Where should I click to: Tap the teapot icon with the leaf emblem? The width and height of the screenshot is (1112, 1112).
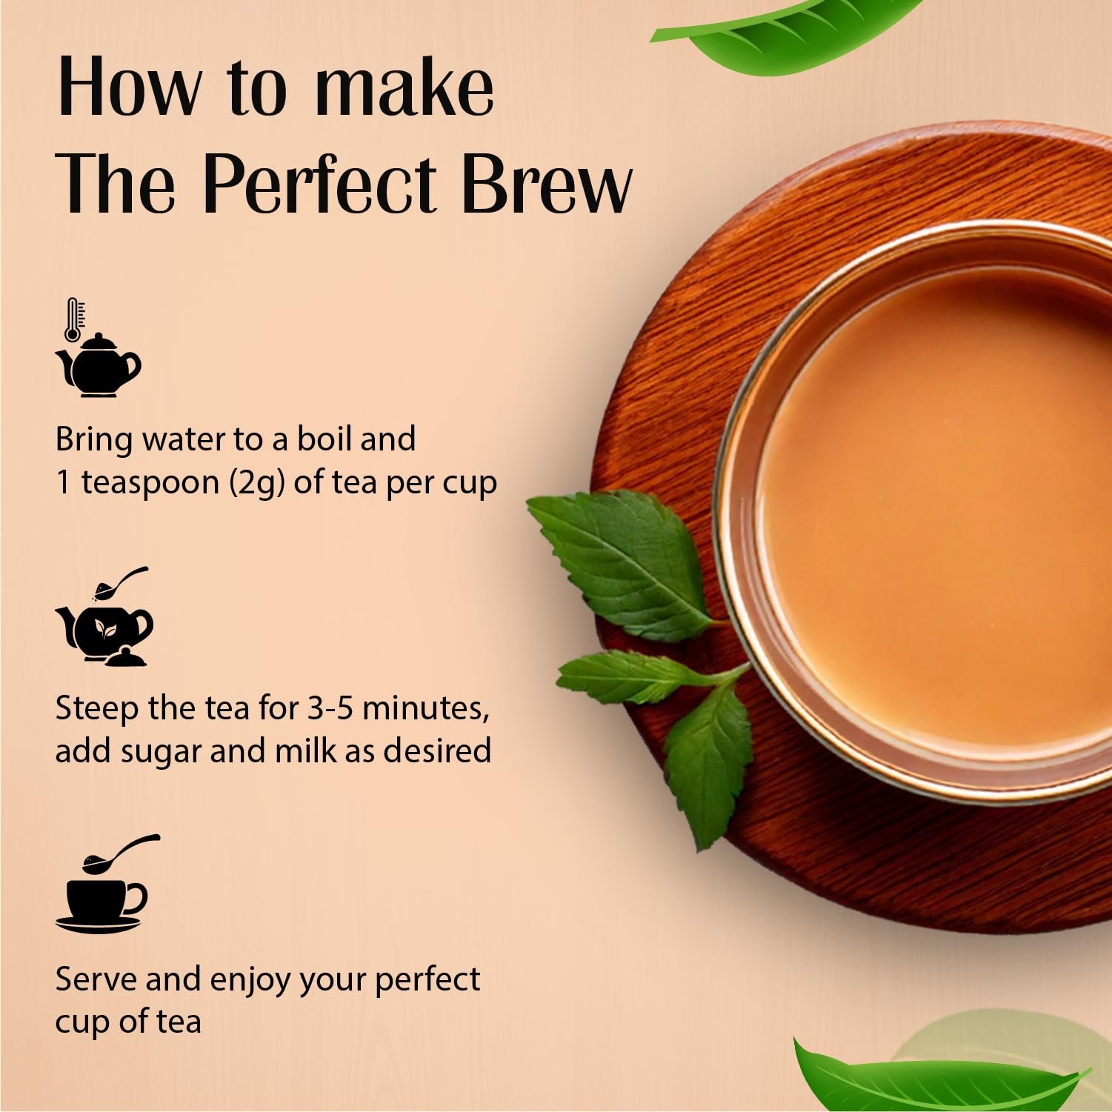pos(104,626)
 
